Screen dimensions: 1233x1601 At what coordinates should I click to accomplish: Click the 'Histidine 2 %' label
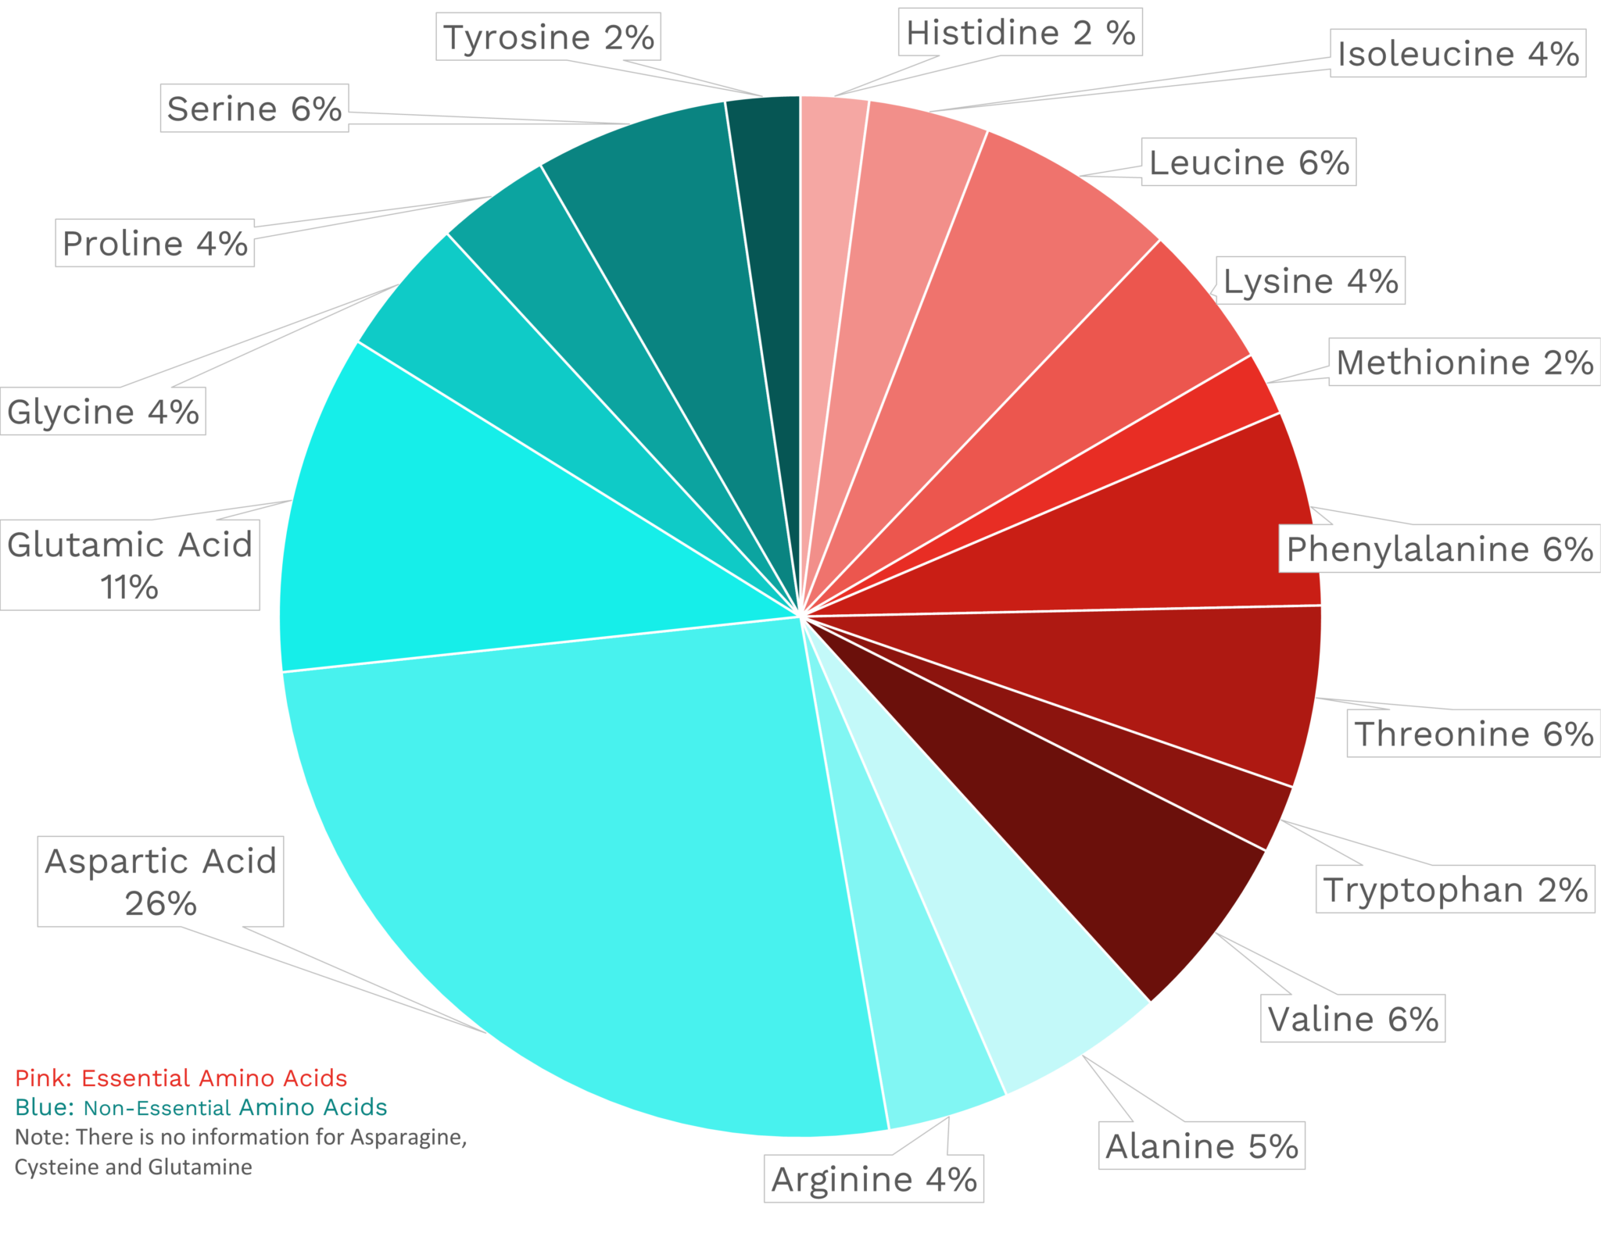[1019, 33]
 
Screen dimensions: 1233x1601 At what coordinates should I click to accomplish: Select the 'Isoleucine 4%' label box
[1457, 54]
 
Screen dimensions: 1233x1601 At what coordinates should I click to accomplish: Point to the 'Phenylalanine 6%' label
[1439, 549]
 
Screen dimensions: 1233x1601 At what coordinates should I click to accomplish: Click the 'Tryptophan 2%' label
[1455, 890]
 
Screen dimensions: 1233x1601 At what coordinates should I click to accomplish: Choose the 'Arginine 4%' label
[873, 1179]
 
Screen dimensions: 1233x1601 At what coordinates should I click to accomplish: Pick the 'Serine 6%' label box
[254, 109]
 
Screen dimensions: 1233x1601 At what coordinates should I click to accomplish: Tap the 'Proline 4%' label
[155, 243]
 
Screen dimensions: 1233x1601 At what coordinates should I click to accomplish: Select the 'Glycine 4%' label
[102, 412]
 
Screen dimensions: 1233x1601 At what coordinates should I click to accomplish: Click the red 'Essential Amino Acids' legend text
[213, 1078]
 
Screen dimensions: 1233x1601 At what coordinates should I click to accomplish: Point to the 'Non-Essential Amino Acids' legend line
[235, 1107]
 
